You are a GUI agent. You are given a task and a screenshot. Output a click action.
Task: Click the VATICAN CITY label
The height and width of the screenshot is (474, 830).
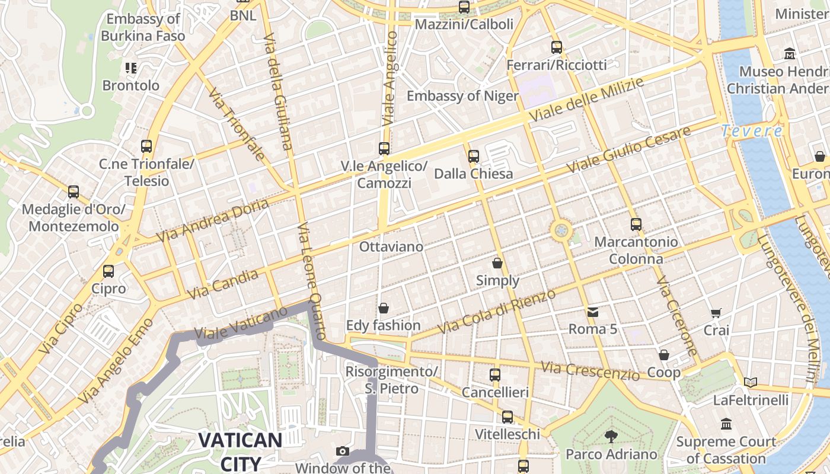point(240,451)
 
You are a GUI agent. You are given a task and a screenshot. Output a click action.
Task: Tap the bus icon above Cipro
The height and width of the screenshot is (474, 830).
point(108,271)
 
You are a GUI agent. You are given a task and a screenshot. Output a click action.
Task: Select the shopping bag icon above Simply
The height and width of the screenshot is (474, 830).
point(497,262)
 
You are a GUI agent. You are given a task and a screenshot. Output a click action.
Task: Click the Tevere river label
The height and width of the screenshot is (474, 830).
point(751,131)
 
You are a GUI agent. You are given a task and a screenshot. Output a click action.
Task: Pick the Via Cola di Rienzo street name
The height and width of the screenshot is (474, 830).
point(497,312)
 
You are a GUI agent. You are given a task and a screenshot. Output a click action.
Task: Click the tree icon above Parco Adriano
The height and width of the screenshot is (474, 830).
point(611,437)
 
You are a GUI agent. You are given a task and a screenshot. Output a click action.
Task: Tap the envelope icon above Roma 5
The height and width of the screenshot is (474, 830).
point(593,312)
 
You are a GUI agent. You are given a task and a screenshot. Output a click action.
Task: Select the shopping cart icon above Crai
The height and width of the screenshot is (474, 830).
point(716,312)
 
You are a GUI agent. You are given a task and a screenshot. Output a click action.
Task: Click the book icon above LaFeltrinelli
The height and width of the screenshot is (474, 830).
point(751,383)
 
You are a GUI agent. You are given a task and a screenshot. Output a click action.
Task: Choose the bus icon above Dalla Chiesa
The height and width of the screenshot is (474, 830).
point(473,156)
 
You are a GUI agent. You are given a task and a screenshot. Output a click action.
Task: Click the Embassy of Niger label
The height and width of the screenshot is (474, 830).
point(462,96)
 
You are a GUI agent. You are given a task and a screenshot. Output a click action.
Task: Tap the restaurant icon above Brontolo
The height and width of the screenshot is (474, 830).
point(131,68)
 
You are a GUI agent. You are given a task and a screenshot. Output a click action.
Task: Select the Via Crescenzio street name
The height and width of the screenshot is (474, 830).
point(591,371)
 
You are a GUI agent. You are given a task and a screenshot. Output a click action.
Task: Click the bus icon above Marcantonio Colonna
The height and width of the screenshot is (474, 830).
point(636,225)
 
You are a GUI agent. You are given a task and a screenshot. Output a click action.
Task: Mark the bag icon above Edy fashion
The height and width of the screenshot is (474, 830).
point(384,308)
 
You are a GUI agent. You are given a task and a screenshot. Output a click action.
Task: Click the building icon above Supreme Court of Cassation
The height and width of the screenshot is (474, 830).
point(726,424)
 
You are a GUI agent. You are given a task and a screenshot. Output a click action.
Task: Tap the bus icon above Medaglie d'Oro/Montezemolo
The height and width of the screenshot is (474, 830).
point(74,192)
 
